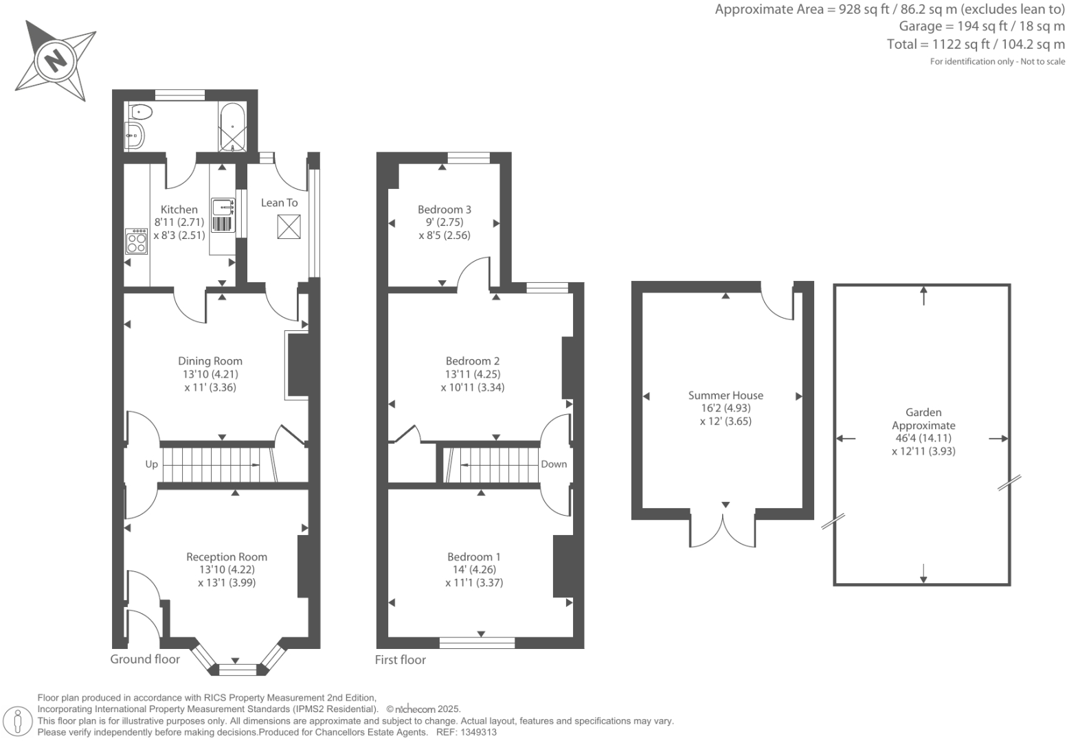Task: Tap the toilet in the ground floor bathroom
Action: [x=141, y=111]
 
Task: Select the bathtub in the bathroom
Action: [x=232, y=128]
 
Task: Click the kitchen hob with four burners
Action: [x=137, y=241]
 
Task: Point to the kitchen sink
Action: [x=223, y=206]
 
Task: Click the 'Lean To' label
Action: [x=279, y=203]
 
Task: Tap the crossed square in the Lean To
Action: [x=289, y=227]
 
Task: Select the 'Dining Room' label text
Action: [x=210, y=361]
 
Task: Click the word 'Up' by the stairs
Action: [x=151, y=464]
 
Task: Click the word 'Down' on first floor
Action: [x=554, y=464]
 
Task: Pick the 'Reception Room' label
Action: [x=227, y=557]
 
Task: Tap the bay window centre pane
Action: [x=236, y=668]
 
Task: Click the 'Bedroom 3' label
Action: [x=445, y=209]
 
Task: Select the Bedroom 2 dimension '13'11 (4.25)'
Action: [x=473, y=374]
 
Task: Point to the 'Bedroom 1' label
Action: [x=474, y=557]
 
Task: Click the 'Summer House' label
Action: [x=726, y=395]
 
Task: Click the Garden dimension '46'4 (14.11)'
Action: [x=923, y=438]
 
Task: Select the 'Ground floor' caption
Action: [x=145, y=659]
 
